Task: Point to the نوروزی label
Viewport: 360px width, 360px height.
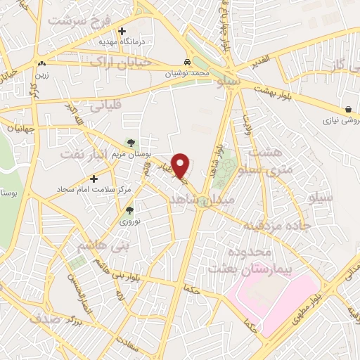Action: tap(129, 221)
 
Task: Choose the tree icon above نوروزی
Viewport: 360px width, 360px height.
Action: tap(129, 210)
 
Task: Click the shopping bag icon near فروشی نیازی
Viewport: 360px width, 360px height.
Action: tap(349, 108)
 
